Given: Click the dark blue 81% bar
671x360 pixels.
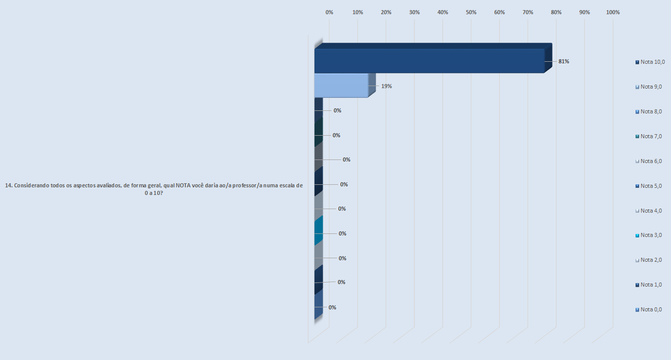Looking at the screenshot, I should [429, 61].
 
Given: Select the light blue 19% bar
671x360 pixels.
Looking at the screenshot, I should [341, 86].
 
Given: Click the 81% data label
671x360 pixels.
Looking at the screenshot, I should [564, 61].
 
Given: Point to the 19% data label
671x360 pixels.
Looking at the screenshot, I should [386, 86].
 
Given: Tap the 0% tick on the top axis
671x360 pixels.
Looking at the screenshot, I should [329, 12].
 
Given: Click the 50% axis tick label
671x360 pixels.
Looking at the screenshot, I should [471, 12].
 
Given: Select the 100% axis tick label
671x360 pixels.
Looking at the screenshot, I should [613, 12].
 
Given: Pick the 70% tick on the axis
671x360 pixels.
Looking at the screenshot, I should [528, 12].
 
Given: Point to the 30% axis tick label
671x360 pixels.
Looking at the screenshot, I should [414, 12].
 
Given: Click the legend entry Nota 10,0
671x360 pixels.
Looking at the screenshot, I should [652, 62].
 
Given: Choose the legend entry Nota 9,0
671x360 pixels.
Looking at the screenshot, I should [651, 87].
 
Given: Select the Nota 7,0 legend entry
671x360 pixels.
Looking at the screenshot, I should [651, 136].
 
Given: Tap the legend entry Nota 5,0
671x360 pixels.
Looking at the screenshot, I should [651, 186].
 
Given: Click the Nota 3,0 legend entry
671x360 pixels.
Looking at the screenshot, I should [651, 235].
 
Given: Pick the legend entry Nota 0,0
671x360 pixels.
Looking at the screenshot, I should [651, 309].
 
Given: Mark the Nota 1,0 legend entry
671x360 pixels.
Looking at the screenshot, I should [651, 285].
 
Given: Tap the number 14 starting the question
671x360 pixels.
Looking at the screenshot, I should [8, 185].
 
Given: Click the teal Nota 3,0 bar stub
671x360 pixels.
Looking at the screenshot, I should [319, 232].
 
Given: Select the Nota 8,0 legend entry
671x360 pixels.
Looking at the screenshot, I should [651, 111].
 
